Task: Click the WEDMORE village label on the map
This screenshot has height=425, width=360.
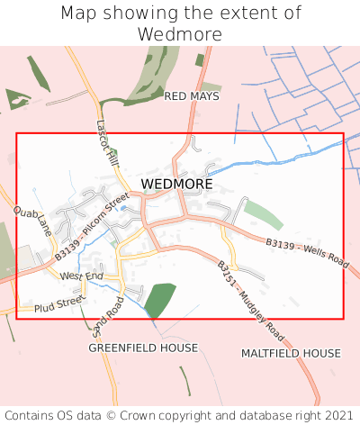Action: (177, 184)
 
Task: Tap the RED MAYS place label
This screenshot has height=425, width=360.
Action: (192, 95)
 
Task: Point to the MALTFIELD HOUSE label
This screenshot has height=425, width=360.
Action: (291, 354)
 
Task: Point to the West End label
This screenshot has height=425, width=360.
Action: (82, 276)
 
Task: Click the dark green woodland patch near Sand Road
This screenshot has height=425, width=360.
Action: (159, 300)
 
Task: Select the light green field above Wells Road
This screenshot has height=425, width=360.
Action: (264, 214)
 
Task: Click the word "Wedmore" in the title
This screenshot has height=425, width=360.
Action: (180, 34)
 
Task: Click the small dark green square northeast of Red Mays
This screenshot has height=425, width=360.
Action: (200, 60)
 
